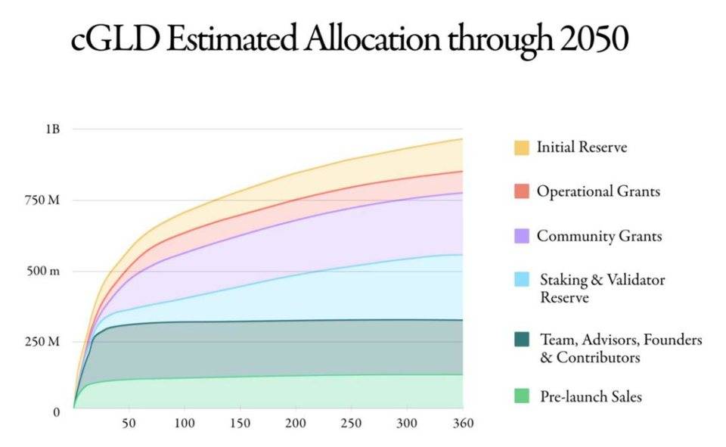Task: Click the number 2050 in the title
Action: [x=594, y=39]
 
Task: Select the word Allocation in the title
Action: [x=372, y=39]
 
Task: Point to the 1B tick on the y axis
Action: [x=53, y=129]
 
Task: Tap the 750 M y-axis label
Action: [x=42, y=200]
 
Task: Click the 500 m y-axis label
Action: [x=43, y=271]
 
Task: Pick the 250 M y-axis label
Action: [x=42, y=342]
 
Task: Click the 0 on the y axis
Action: [x=57, y=412]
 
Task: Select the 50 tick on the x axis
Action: [x=129, y=424]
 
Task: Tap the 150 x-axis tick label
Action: [x=240, y=424]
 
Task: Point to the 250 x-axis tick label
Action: [x=351, y=424]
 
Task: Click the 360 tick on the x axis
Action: [x=463, y=424]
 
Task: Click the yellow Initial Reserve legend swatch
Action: [x=522, y=147]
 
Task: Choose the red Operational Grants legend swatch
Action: [x=522, y=191]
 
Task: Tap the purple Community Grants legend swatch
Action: [x=522, y=236]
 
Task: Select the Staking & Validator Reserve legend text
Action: [x=603, y=288]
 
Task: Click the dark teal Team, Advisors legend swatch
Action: [x=522, y=340]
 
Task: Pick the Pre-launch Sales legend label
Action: [x=591, y=397]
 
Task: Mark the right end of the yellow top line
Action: [x=463, y=139]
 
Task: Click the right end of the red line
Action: [x=463, y=172]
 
